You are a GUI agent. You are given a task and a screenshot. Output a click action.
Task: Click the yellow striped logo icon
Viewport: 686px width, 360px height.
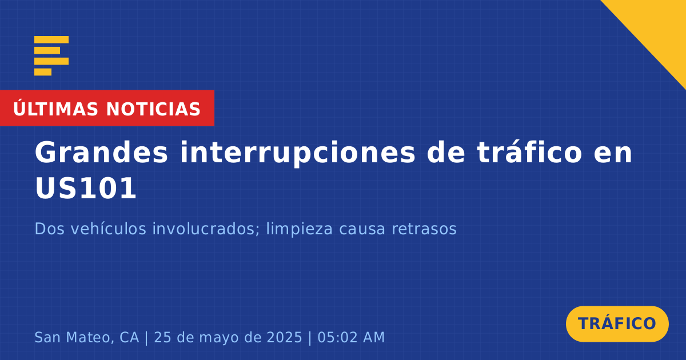coord(51,56)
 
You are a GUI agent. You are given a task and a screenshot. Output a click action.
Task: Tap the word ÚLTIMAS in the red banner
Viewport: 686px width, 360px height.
coord(55,109)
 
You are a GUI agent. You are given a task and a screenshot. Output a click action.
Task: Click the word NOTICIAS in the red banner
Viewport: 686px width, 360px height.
coord(153,109)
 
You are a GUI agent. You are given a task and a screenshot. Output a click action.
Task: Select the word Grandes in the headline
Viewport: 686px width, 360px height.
coord(101,152)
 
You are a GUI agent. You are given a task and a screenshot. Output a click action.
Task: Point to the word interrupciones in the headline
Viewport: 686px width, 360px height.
coord(297,153)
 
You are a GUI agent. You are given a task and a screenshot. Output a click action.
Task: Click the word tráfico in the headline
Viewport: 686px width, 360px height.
coord(529,152)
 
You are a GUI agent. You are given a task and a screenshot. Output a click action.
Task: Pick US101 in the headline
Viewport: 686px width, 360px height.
coord(85,188)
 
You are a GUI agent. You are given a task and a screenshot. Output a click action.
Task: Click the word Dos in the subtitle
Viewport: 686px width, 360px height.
coord(49,229)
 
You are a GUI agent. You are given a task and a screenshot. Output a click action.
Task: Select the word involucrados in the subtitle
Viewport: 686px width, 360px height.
coord(205,229)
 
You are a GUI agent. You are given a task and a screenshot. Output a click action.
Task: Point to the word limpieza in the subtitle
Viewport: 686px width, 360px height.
coord(299,229)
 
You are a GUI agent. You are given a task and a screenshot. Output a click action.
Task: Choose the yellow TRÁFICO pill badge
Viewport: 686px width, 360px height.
coord(617,323)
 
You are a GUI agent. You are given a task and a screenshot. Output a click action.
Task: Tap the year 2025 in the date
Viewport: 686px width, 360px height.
coord(285,337)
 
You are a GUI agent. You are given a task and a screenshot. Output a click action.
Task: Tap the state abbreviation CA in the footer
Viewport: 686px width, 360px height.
coord(129,337)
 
